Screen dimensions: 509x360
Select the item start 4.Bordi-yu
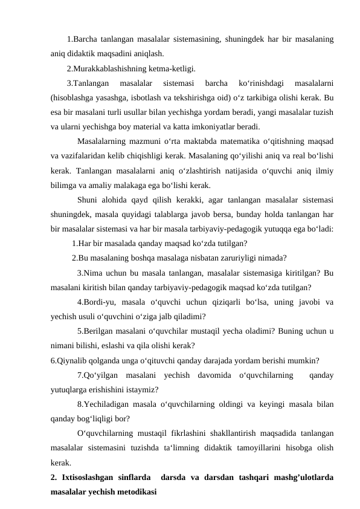click(x=95, y=302)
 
